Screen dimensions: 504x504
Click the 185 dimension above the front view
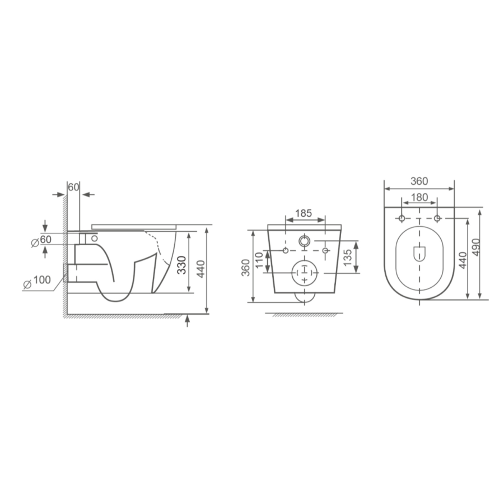303,213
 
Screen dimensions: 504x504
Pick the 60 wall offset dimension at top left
74,186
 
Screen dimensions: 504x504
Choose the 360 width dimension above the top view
419,181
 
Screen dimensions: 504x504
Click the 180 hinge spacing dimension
419,197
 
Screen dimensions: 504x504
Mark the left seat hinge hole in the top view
402,217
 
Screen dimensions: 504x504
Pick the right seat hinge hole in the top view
437,217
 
